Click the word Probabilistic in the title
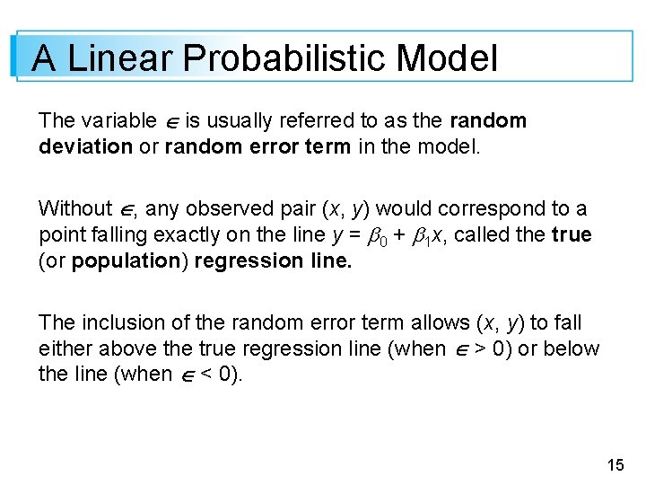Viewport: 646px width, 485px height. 284,59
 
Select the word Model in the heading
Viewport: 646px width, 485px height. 446,59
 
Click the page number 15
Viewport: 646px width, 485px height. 615,464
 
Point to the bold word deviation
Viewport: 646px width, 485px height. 85,145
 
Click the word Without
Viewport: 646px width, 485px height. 74,209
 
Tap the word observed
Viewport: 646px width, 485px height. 231,209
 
